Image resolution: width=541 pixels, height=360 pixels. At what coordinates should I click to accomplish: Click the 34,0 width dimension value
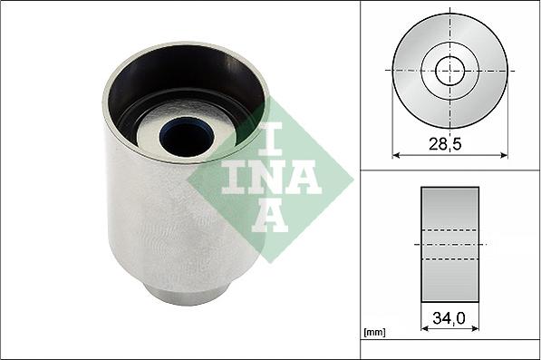[x=450, y=318]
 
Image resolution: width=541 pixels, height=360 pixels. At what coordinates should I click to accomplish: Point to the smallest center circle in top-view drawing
[x=449, y=70]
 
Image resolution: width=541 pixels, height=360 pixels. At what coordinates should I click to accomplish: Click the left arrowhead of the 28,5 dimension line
[x=396, y=154]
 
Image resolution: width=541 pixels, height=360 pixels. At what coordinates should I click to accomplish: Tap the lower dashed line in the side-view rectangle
[x=450, y=258]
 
